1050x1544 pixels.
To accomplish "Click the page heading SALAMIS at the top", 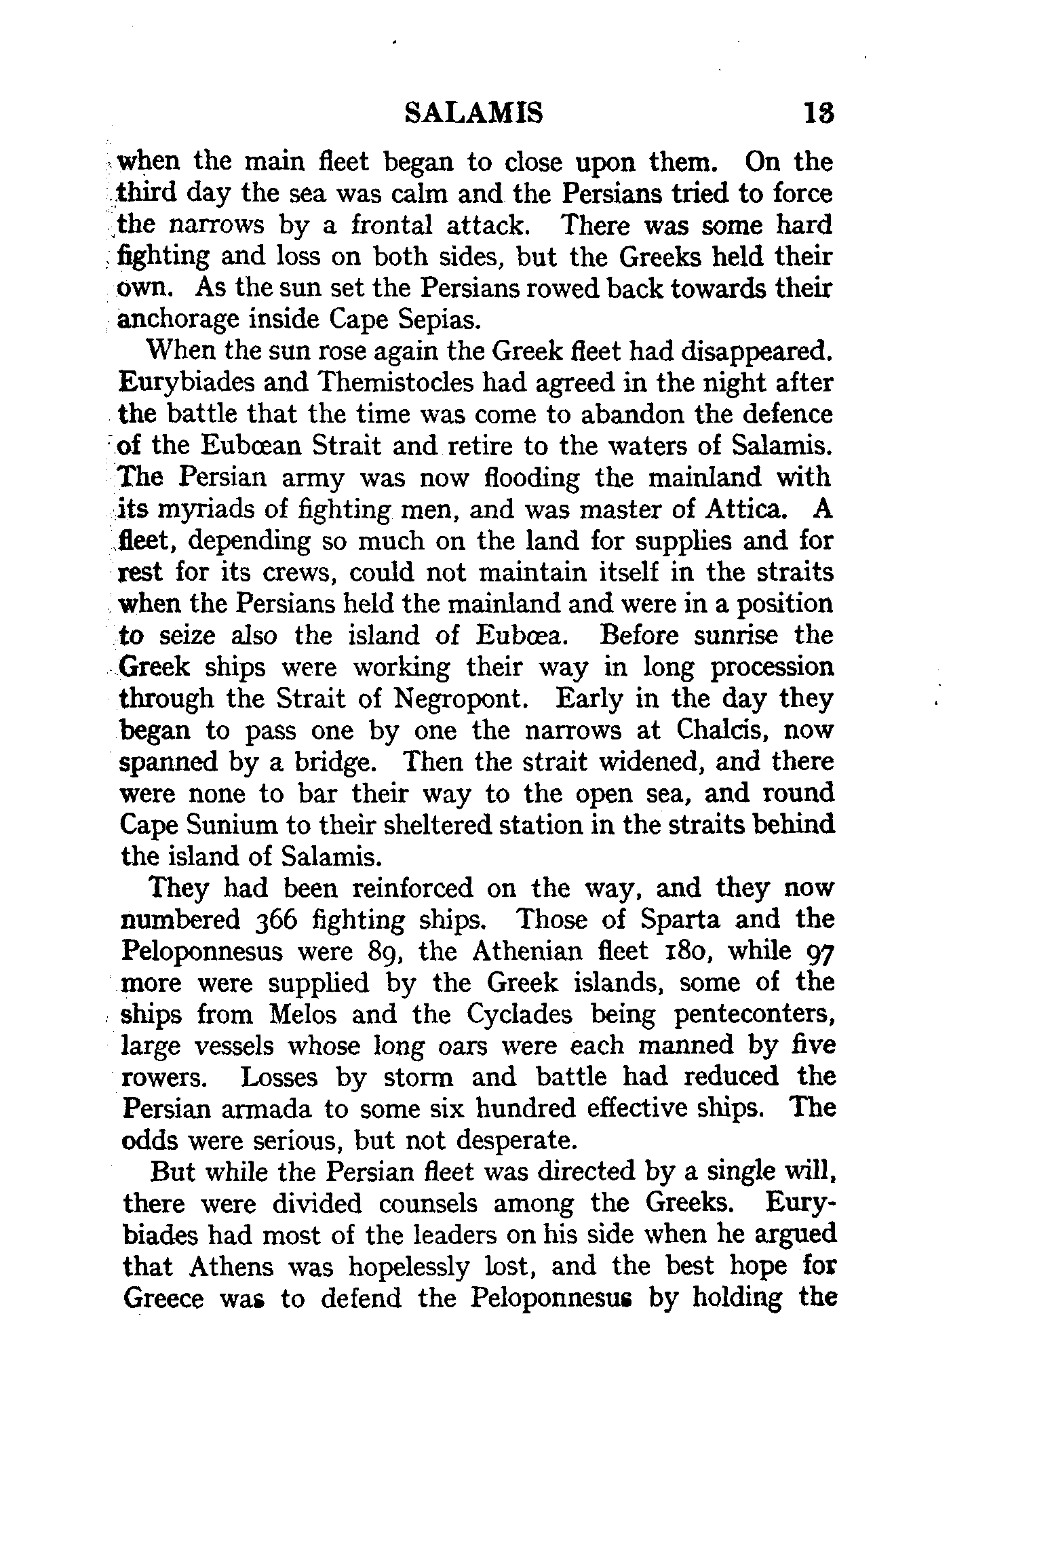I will (x=473, y=113).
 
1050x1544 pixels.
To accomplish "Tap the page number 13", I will (x=818, y=113).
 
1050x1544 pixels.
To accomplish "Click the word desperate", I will (x=516, y=1142).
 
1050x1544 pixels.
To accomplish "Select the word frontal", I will (x=385, y=226).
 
